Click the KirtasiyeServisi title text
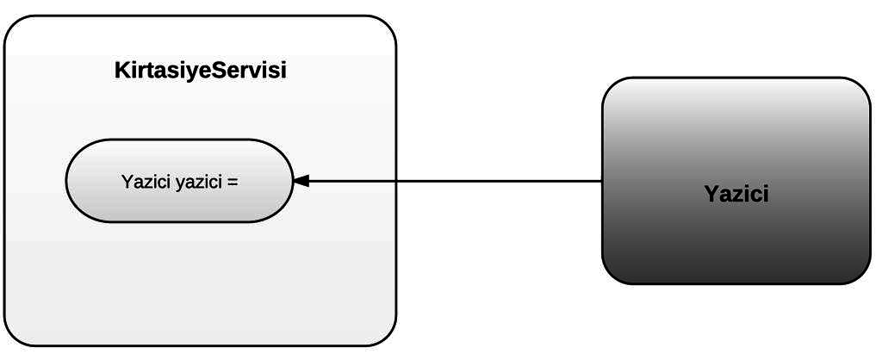point(200,71)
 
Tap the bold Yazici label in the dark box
point(736,194)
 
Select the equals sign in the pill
point(233,182)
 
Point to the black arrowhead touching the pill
point(301,181)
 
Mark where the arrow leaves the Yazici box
point(602,181)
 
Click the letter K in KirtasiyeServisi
point(121,71)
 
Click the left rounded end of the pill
point(71,181)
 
